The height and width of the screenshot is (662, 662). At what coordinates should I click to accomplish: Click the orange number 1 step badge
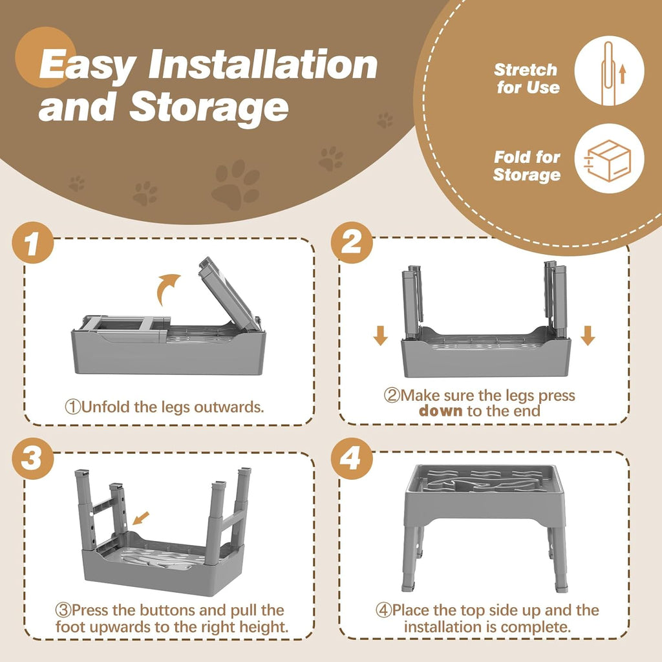[x=33, y=242]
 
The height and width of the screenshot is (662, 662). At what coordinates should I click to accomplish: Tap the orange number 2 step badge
[x=352, y=242]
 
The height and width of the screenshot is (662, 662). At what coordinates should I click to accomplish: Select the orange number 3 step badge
[x=33, y=458]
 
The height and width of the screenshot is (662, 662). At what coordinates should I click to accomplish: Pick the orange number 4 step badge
[x=352, y=458]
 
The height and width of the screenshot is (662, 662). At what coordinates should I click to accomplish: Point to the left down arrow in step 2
[x=380, y=336]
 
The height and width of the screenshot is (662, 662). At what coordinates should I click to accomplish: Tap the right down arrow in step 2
[x=588, y=336]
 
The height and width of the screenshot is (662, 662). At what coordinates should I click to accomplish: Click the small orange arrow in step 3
[x=141, y=518]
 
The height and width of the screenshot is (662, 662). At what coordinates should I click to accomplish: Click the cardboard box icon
[x=609, y=160]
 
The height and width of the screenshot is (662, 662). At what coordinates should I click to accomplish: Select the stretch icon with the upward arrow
[x=609, y=70]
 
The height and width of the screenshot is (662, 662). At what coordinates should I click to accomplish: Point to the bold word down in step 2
[x=441, y=411]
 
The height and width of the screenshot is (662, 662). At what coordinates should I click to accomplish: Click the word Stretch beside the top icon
[x=526, y=70]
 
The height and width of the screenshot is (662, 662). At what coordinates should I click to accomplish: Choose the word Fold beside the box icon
[x=509, y=157]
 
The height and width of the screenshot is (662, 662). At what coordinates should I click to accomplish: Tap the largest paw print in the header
[x=235, y=184]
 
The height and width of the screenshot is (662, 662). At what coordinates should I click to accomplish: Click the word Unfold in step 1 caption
[x=106, y=407]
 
